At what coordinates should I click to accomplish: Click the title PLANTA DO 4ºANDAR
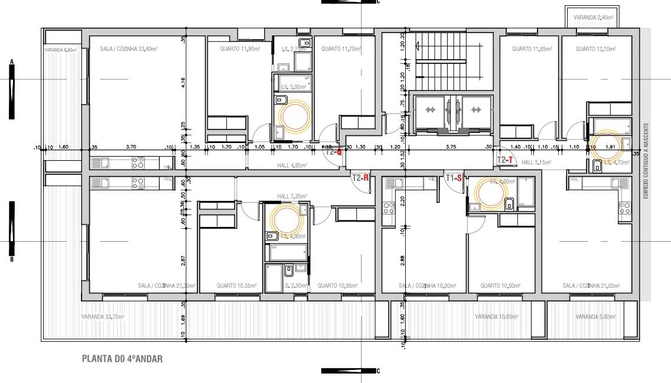pyautogui.click(x=122, y=359)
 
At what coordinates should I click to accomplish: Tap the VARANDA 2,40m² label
pyautogui.click(x=593, y=18)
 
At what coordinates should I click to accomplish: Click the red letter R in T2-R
pyautogui.click(x=366, y=177)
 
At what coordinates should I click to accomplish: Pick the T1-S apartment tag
pyautogui.click(x=454, y=177)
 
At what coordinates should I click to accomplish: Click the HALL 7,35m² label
pyautogui.click(x=292, y=196)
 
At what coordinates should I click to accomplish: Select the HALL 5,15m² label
pyautogui.click(x=536, y=163)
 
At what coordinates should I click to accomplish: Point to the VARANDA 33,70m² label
pyautogui.click(x=102, y=317)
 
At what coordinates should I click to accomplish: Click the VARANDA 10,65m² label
pyautogui.click(x=496, y=317)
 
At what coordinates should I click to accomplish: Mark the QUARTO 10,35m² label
pyautogui.click(x=236, y=286)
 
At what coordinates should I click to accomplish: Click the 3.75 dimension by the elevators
pyautogui.click(x=451, y=147)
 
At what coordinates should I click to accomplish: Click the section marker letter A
pyautogui.click(x=11, y=61)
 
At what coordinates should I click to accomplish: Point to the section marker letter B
pyautogui.click(x=11, y=259)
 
